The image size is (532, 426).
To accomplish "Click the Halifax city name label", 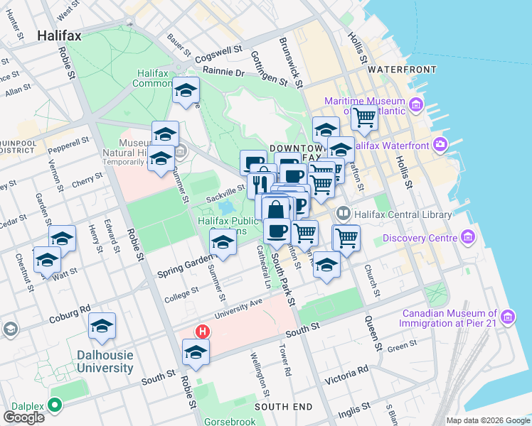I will [x=59, y=35].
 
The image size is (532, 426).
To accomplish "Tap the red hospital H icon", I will [x=203, y=332].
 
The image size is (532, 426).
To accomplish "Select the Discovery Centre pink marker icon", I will [x=468, y=236].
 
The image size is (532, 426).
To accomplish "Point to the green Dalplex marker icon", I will [x=55, y=406].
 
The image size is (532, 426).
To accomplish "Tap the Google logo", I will [x=24, y=417].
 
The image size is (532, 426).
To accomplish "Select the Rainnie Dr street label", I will [x=223, y=72].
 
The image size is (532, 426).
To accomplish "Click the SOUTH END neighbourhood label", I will [x=283, y=407].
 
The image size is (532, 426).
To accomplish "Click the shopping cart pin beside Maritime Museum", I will [x=364, y=117].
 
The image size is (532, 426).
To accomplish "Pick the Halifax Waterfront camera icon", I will [x=440, y=145].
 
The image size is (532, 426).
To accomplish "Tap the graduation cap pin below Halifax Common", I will [x=186, y=91].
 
